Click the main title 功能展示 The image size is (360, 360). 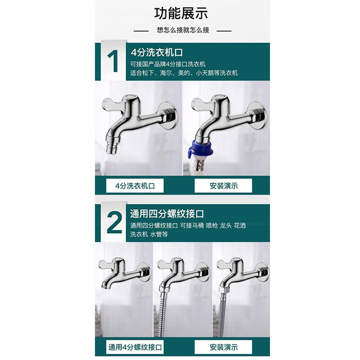tap(181, 13)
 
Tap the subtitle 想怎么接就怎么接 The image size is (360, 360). tap(183, 30)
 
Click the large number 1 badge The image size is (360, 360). tap(113, 61)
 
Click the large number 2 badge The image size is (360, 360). tap(114, 223)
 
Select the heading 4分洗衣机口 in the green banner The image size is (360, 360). tap(157, 52)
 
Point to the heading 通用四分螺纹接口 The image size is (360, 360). tap(167, 214)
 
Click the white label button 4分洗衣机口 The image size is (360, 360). tap(135, 186)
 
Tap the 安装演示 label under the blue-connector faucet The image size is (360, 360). tap(223, 186)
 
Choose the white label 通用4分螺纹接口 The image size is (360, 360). tap(135, 347)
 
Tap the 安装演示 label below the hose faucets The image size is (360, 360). tap(223, 347)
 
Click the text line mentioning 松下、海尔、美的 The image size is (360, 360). tap(184, 73)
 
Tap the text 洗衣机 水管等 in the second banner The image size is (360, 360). tap(149, 235)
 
